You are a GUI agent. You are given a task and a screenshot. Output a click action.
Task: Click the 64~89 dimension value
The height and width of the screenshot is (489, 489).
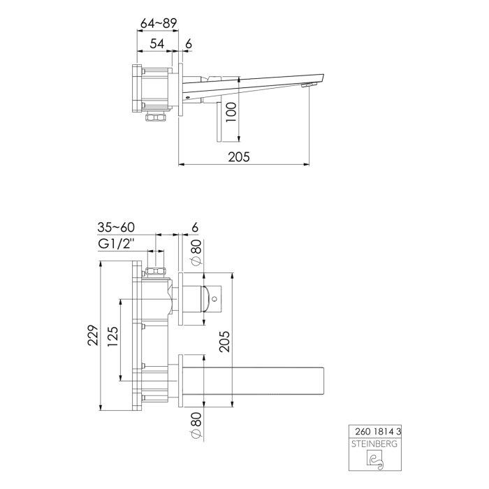pyautogui.click(x=158, y=23)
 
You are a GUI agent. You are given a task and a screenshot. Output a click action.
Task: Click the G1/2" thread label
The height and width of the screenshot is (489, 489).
pyautogui.click(x=116, y=245)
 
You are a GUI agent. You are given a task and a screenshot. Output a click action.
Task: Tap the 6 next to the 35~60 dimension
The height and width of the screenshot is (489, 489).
pyautogui.click(x=195, y=227)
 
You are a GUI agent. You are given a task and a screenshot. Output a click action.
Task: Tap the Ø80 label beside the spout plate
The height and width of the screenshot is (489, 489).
pyautogui.click(x=196, y=425)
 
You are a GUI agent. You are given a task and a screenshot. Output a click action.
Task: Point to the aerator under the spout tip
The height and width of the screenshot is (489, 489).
pyautogui.click(x=305, y=85)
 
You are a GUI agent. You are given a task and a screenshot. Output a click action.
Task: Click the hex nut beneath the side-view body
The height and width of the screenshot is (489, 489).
pyautogui.click(x=152, y=117)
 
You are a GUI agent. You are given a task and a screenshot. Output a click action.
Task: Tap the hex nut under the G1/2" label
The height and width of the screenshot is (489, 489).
pyautogui.click(x=157, y=273)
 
